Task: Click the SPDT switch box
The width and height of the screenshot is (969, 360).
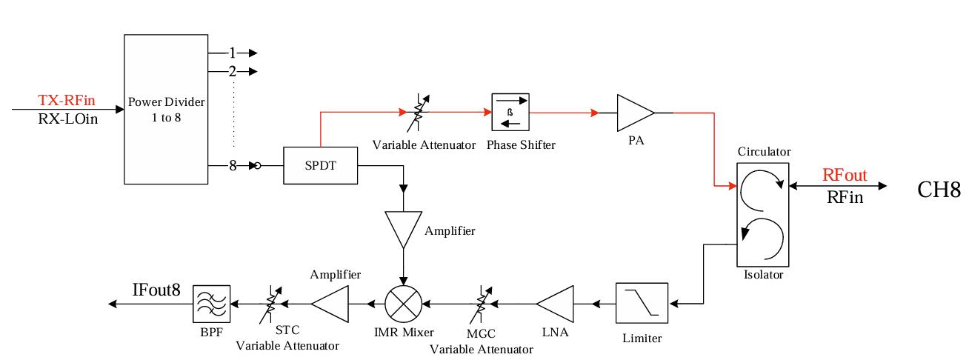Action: tap(320, 166)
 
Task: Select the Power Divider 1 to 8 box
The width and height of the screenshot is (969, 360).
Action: tap(166, 108)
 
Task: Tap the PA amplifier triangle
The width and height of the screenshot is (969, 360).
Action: tap(636, 113)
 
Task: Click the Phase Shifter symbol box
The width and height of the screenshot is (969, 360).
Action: tap(511, 113)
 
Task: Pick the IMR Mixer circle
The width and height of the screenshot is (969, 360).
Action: tap(403, 303)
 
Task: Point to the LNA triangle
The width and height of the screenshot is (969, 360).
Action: tap(556, 303)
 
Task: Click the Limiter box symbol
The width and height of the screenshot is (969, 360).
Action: tap(642, 303)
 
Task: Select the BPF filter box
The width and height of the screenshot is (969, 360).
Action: tap(211, 303)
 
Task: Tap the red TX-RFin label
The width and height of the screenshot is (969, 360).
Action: tap(67, 100)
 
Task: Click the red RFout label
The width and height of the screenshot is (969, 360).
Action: tap(845, 176)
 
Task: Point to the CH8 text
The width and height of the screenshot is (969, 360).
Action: tap(939, 190)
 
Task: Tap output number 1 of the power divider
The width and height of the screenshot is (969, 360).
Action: tap(232, 53)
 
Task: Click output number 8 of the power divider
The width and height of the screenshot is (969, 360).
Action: tap(232, 166)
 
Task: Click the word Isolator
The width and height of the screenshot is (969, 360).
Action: tap(762, 274)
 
